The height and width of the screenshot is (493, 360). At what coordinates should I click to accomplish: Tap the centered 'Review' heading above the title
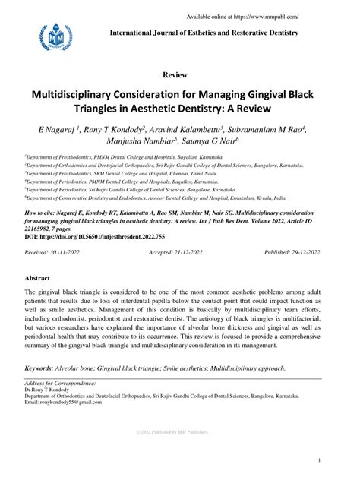click(179, 76)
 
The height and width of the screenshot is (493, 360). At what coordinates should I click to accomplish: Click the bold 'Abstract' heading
click(37, 279)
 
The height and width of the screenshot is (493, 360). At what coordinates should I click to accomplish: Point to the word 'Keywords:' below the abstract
click(44, 368)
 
